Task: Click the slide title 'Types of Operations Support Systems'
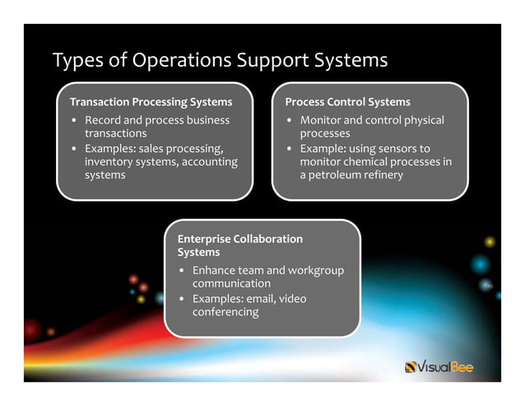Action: click(220, 61)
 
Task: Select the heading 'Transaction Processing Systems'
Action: click(151, 102)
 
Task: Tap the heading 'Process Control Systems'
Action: click(347, 102)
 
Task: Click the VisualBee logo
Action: click(439, 366)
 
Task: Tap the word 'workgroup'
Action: click(316, 270)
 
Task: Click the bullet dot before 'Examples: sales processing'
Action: click(74, 149)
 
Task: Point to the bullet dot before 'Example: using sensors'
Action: click(290, 149)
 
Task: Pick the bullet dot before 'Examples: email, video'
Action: click(182, 299)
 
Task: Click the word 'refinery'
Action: click(388, 175)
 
